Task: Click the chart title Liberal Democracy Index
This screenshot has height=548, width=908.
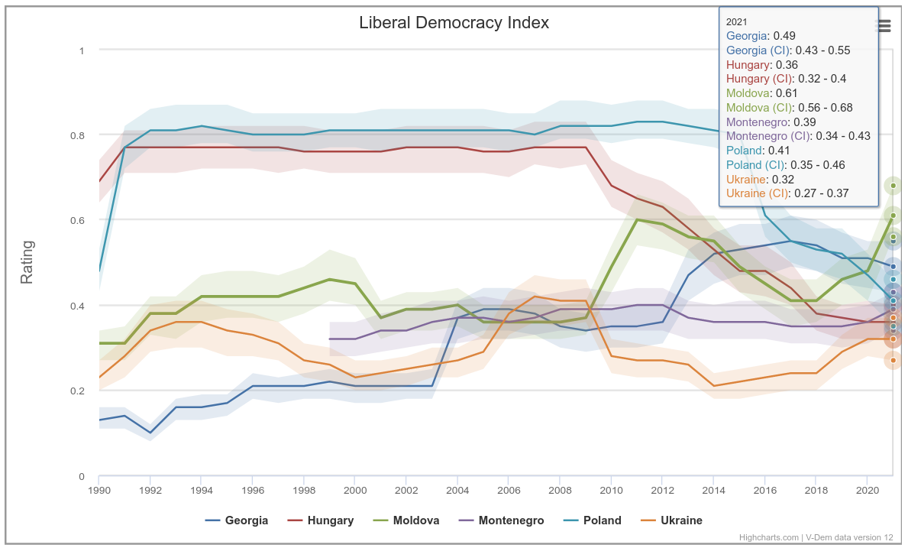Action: click(454, 22)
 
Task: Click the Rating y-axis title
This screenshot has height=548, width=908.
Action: click(27, 262)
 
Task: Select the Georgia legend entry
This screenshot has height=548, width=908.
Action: click(237, 520)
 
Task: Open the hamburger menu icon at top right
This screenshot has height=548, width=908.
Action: click(884, 26)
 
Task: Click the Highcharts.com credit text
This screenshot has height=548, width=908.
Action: click(769, 537)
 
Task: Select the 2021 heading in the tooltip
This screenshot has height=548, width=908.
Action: click(737, 21)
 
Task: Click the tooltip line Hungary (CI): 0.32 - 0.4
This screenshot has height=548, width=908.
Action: click(786, 79)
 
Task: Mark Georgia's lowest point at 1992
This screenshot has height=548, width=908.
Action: click(150, 433)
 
